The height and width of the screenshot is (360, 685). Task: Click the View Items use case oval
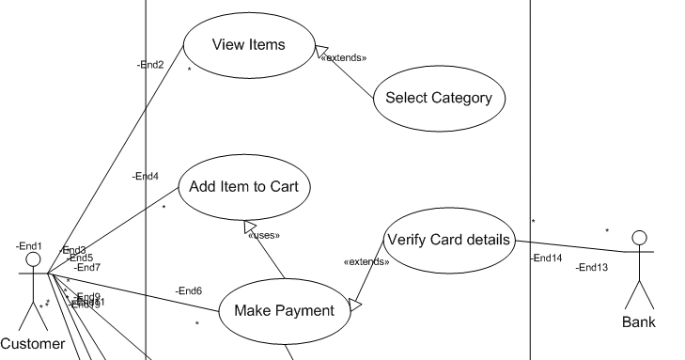[x=248, y=45]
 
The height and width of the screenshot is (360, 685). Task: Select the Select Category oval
[x=439, y=98]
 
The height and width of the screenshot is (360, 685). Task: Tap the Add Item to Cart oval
[x=243, y=186]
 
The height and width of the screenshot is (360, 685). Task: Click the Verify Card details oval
[x=448, y=240]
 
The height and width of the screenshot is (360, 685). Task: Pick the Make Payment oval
[x=284, y=311]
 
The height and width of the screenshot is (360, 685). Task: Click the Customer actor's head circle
[x=34, y=258]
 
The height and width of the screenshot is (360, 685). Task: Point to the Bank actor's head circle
[x=640, y=237]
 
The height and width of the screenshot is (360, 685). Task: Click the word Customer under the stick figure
[x=33, y=344]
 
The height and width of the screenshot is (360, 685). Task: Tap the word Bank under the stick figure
[x=639, y=322]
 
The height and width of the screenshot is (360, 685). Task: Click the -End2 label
[x=150, y=65]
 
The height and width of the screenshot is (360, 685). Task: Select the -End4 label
[x=145, y=177]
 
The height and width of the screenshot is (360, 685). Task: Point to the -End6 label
[x=188, y=290]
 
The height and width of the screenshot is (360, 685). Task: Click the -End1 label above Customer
[x=29, y=245]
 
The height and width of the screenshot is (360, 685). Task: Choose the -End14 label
[x=546, y=258]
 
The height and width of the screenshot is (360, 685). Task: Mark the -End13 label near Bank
[x=592, y=268]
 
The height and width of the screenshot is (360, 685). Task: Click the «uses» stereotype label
[x=264, y=235]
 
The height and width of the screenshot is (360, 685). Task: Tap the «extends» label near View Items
[x=343, y=58]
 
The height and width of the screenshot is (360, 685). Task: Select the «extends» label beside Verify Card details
[x=367, y=262]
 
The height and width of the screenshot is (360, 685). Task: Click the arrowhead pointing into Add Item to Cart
[x=250, y=227]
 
